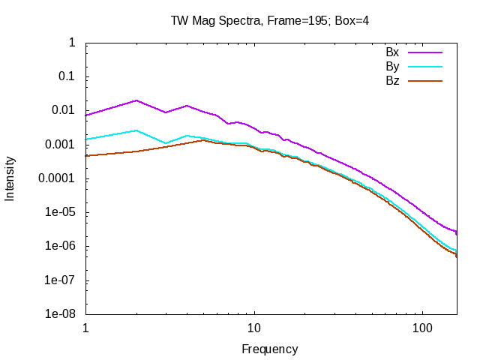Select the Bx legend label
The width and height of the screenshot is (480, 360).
click(392, 52)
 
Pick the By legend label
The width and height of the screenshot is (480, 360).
click(392, 66)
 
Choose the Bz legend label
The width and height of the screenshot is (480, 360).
click(392, 80)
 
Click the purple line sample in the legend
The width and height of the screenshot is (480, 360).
click(425, 52)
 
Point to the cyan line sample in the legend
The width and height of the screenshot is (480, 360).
click(425, 66)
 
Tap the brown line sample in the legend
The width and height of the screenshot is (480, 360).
click(425, 80)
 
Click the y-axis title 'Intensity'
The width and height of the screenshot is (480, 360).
click(10, 178)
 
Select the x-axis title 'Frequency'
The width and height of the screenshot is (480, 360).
click(270, 349)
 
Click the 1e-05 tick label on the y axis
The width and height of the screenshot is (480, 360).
click(60, 212)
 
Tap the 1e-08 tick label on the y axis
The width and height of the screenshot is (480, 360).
click(60, 314)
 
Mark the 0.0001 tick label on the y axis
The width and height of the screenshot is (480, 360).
click(57, 178)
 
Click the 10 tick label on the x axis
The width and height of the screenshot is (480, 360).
click(254, 328)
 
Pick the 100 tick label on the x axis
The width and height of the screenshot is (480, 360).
click(423, 328)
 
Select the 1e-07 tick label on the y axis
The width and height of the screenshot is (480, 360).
click(60, 280)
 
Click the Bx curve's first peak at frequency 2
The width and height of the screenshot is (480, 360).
click(136, 100)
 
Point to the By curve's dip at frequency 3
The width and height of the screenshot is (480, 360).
click(166, 142)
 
